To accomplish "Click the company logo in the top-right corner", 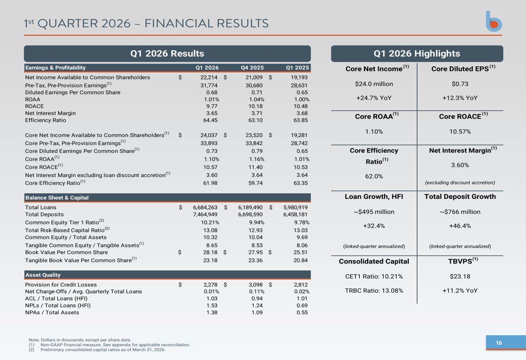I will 493,22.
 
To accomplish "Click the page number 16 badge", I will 499,343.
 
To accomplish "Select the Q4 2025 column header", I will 252,68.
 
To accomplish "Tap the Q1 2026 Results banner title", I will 167,54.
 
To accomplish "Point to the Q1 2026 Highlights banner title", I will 417,54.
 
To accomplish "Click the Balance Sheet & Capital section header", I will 57,198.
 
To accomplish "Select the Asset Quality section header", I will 43,275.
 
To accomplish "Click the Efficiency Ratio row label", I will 46,120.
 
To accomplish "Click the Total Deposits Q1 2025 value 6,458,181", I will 295,214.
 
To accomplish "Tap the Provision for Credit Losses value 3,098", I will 255,285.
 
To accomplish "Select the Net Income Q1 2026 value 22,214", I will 209,77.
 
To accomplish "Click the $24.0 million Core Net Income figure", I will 374,84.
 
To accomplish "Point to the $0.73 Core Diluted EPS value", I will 460,84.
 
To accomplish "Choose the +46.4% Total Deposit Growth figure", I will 460,226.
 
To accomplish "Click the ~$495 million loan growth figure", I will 373,212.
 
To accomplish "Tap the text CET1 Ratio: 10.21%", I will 373,276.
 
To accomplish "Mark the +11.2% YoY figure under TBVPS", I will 460,291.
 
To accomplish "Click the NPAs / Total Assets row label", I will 52,313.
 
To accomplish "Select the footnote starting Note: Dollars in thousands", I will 80,340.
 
